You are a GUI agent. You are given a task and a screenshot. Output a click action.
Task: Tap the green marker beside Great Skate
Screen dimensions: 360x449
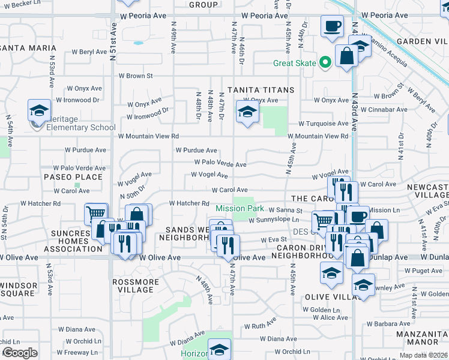click(x=325, y=62)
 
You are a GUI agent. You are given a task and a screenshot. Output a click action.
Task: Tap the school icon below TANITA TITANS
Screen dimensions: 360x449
click(x=247, y=112)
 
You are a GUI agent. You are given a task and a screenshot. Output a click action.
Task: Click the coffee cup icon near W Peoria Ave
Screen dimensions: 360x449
click(x=331, y=27)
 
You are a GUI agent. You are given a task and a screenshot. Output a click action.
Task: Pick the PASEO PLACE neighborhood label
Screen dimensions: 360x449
click(x=73, y=177)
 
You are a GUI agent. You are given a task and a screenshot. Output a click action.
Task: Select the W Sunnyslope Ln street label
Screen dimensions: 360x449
click(x=273, y=220)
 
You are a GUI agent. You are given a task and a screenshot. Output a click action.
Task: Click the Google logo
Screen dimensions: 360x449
click(x=20, y=353)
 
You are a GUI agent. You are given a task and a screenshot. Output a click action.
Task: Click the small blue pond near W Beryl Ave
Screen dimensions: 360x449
click(x=138, y=43)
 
